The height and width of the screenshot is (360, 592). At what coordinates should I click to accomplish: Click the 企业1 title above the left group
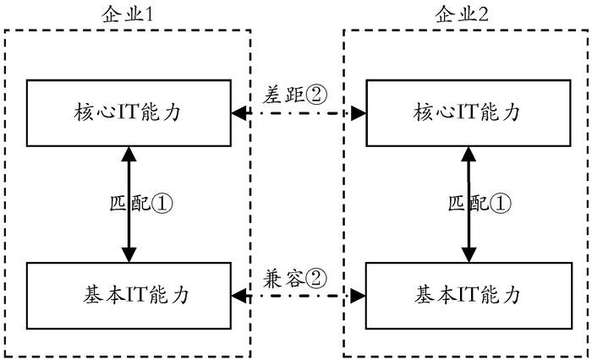tap(128, 14)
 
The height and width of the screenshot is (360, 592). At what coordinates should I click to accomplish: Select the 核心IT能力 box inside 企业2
tap(466, 112)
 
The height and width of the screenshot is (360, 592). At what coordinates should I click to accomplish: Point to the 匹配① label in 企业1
tap(141, 204)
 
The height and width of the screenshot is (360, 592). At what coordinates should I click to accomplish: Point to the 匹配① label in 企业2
tap(479, 204)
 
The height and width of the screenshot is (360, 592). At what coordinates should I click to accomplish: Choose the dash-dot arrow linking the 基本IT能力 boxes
tap(297, 295)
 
